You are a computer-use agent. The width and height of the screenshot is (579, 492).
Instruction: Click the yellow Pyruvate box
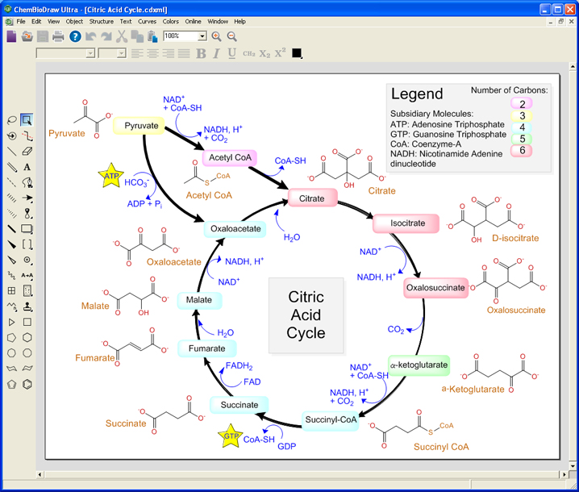pos(141,126)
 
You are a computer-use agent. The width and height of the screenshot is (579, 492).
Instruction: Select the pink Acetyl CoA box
pos(230,157)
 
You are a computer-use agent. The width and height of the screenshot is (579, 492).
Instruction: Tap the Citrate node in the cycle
pos(311,198)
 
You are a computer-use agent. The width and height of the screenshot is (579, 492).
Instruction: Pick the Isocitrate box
pos(405,223)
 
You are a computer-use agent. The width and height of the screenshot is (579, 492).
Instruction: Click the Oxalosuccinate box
pos(435,287)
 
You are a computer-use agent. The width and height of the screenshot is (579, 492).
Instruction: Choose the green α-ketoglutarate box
pos(419,365)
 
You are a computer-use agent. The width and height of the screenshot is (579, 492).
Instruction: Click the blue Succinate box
pos(240,405)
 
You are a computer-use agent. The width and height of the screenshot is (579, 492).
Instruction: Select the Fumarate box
pos(206,348)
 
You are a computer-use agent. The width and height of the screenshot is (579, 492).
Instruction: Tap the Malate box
pos(198,300)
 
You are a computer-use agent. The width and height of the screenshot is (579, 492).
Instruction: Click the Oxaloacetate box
pos(235,229)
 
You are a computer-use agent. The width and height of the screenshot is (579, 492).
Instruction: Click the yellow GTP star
pos(231,437)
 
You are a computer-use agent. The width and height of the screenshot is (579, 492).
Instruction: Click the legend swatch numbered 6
pos(523,150)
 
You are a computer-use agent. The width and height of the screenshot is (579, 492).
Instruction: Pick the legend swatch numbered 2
pos(523,104)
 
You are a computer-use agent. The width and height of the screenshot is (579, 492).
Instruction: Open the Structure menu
pos(101,21)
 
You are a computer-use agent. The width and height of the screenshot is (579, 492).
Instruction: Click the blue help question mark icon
pos(75,36)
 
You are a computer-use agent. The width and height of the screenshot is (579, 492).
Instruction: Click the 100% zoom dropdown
pos(185,36)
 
